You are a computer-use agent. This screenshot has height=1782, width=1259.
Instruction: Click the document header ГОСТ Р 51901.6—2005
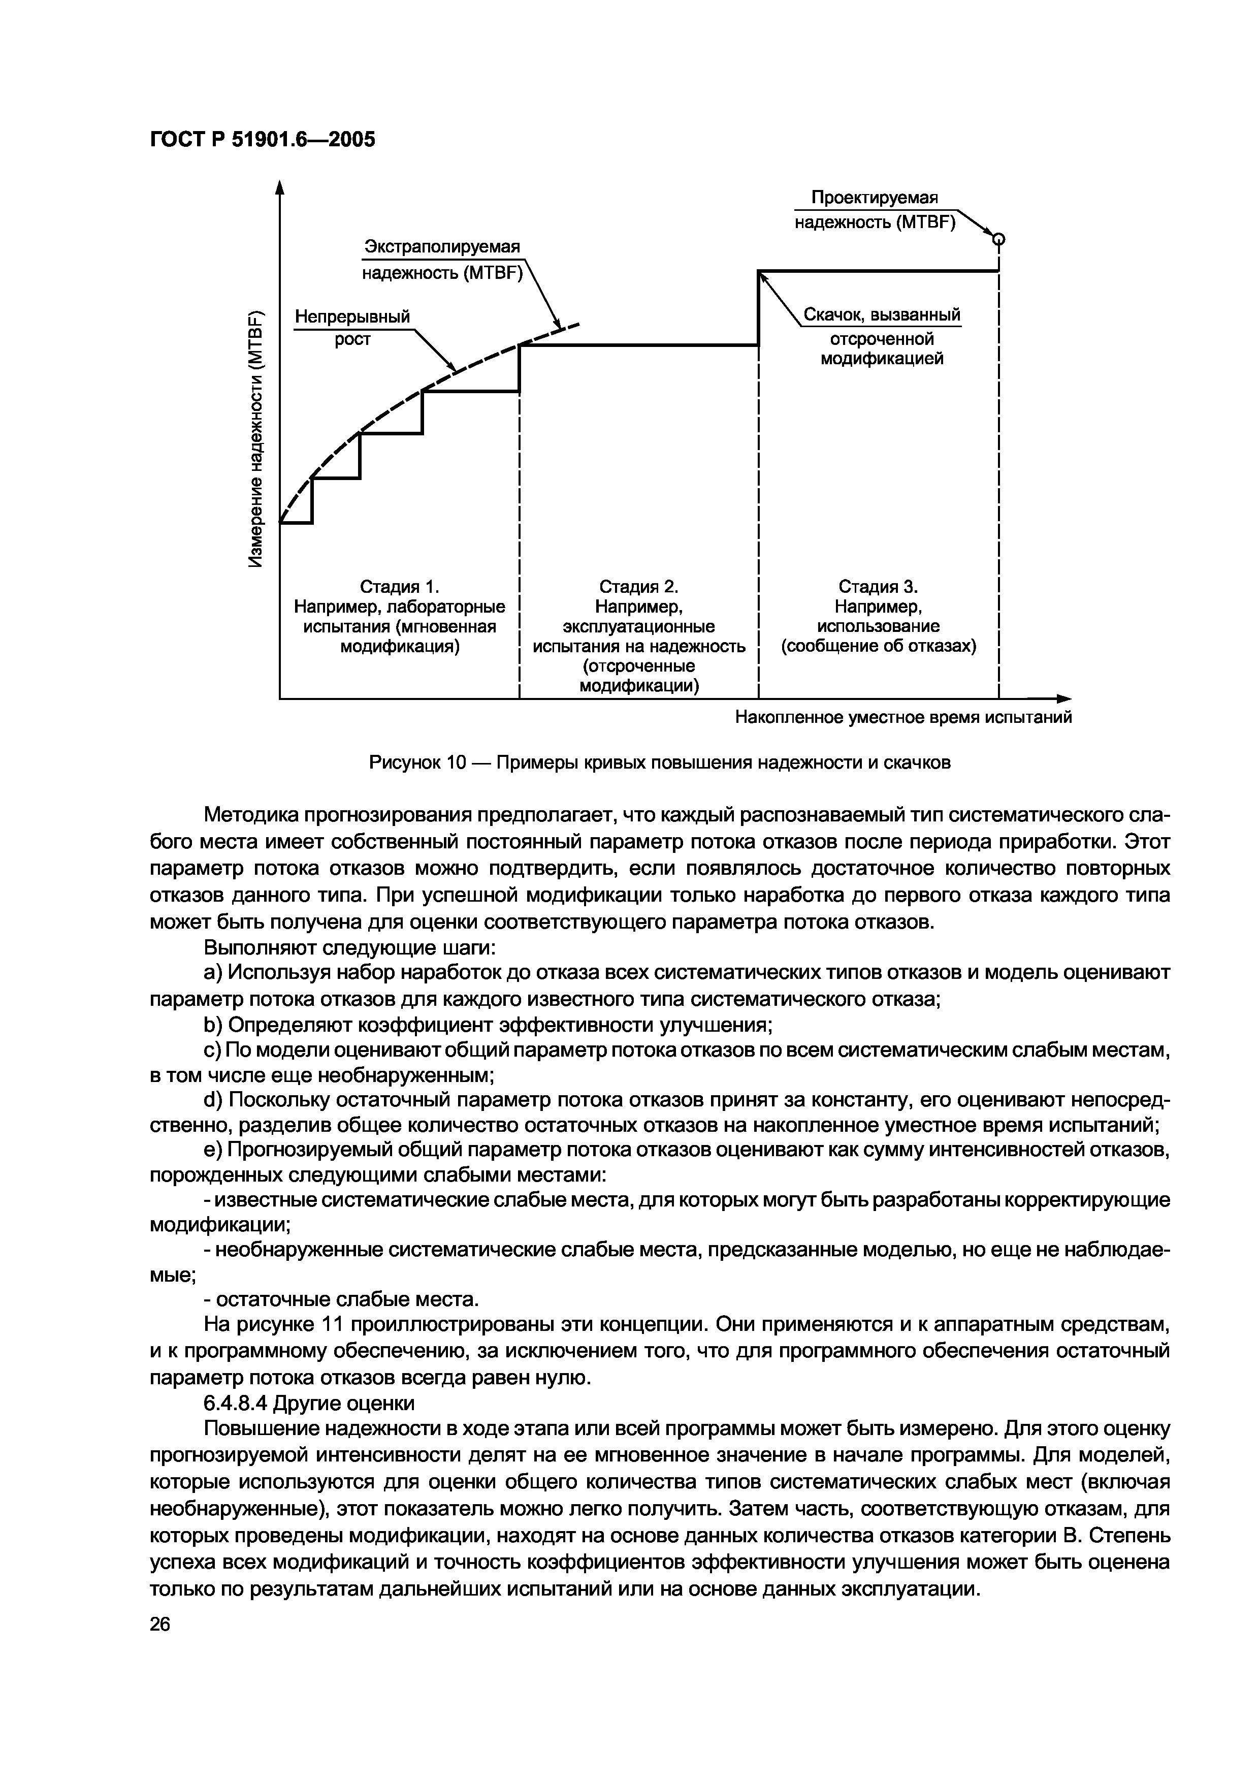pyautogui.click(x=262, y=140)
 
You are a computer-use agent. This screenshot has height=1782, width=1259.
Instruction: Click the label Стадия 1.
pyautogui.click(x=400, y=587)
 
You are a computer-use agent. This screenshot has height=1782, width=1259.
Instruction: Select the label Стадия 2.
pyautogui.click(x=639, y=587)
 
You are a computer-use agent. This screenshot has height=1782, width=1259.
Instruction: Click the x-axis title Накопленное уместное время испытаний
pyautogui.click(x=903, y=717)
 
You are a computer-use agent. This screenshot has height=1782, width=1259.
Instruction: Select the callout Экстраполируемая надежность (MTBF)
pyautogui.click(x=443, y=260)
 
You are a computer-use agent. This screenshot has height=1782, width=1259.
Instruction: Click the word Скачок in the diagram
pyautogui.click(x=832, y=315)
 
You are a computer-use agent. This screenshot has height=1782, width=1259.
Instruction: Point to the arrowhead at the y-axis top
pyautogui.click(x=280, y=187)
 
